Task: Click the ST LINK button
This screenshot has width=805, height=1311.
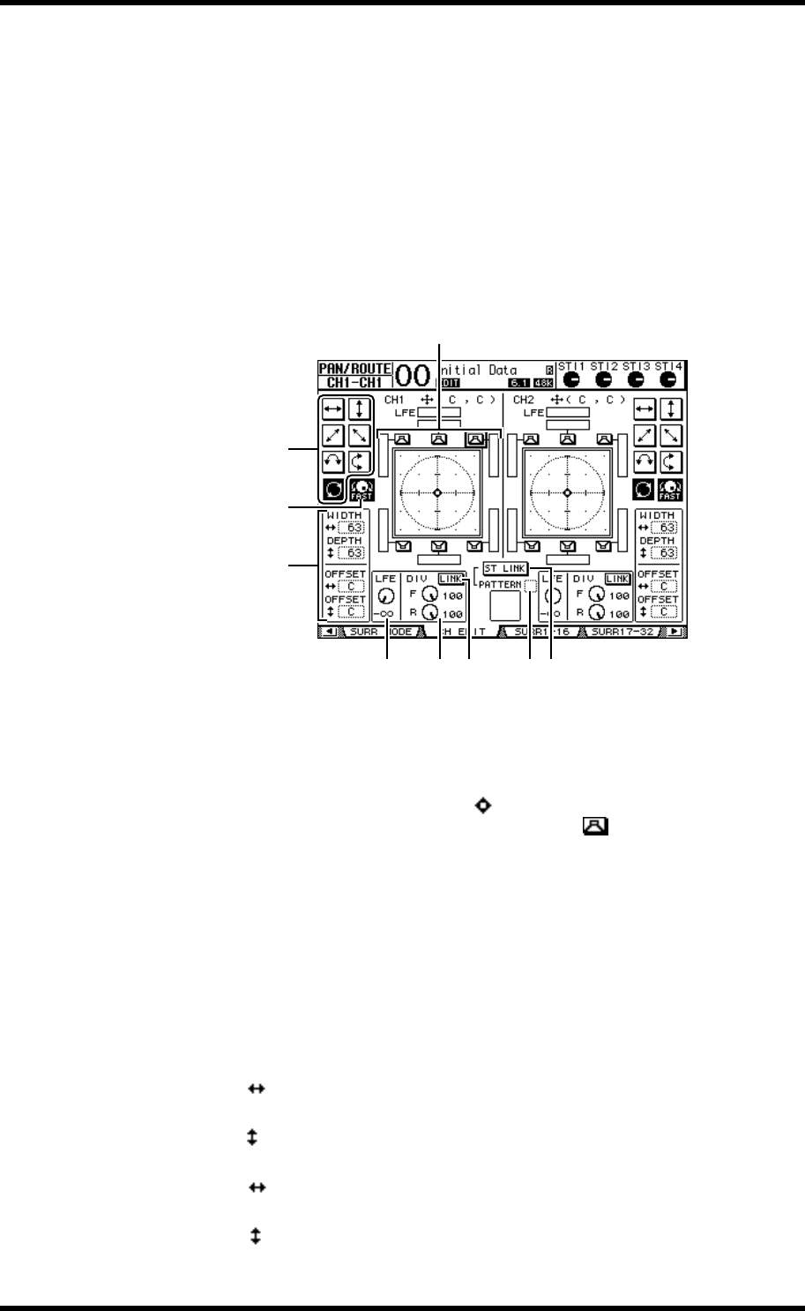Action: click(505, 569)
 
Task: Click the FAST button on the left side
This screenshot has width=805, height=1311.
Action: click(360, 489)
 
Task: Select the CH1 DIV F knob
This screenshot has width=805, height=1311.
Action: click(429, 595)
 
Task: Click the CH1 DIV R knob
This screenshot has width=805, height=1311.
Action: click(429, 612)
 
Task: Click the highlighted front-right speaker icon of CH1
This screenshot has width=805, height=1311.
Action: click(475, 438)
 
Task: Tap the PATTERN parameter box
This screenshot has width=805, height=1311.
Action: click(530, 585)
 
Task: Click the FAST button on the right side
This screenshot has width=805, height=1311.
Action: click(670, 489)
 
